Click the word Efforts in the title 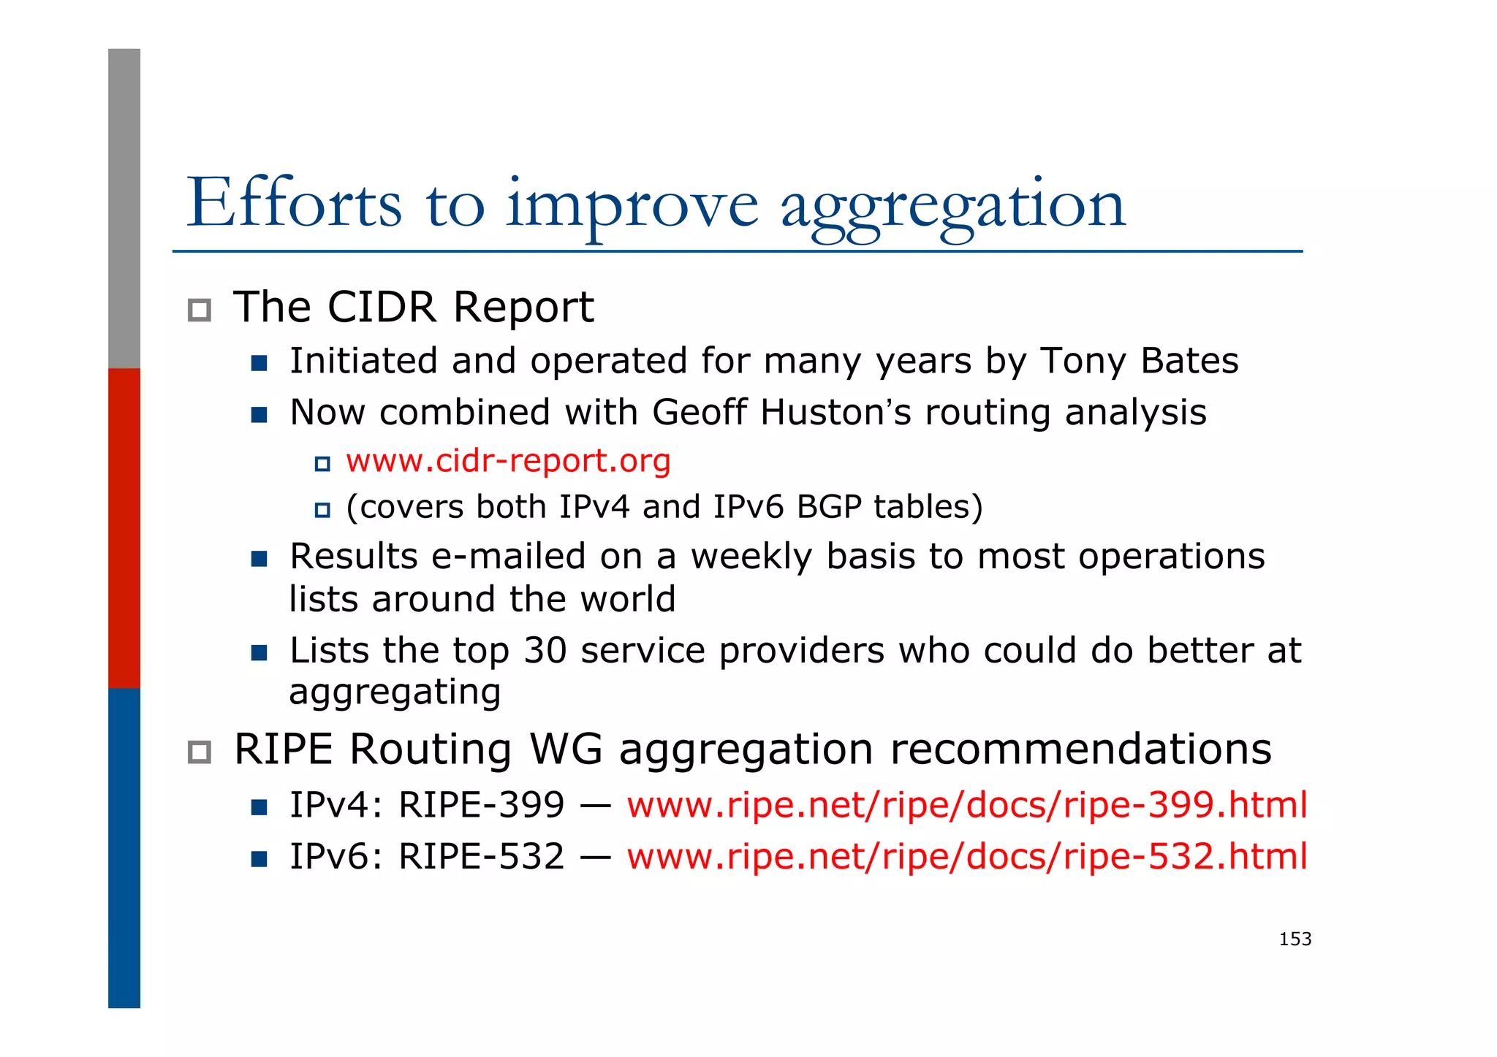(294, 204)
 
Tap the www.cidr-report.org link (508, 461)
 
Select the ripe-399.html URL (966, 805)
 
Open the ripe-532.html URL (966, 856)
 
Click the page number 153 (1295, 939)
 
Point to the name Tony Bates (1139, 361)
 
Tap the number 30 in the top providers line (545, 650)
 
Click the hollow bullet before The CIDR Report (200, 310)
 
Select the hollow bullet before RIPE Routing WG (200, 752)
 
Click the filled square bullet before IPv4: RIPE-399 (259, 807)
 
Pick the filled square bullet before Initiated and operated (259, 363)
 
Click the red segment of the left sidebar (124, 527)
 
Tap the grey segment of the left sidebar (124, 208)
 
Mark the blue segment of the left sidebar (124, 847)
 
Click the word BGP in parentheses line (828, 507)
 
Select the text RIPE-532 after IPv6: (481, 856)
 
